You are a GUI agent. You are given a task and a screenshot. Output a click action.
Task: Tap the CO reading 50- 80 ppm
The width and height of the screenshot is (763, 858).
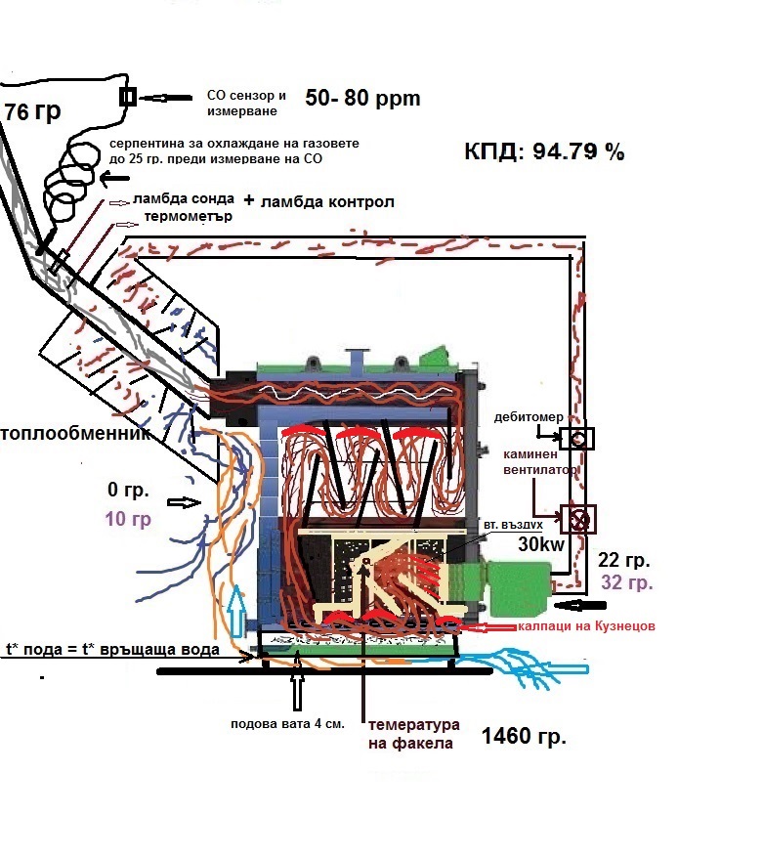[x=362, y=98]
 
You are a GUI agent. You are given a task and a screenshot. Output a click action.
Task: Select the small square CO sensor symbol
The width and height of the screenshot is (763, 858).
[x=127, y=96]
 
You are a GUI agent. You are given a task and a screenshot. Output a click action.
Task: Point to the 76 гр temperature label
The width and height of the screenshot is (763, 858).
[x=32, y=111]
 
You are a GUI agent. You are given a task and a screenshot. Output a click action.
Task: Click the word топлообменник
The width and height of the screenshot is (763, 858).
[x=76, y=433]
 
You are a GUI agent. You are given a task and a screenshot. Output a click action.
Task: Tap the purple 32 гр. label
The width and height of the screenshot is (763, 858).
[x=627, y=583]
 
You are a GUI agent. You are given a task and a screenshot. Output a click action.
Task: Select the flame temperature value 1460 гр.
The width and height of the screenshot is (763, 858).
[x=525, y=737]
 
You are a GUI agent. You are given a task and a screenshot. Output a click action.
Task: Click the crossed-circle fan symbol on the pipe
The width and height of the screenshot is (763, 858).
[x=578, y=518]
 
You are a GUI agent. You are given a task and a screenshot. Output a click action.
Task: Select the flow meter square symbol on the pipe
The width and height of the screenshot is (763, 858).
[x=577, y=439]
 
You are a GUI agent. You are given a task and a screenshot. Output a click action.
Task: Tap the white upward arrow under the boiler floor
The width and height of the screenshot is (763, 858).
[x=298, y=687]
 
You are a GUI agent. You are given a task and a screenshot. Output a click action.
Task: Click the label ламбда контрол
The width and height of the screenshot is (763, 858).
[x=326, y=201]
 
